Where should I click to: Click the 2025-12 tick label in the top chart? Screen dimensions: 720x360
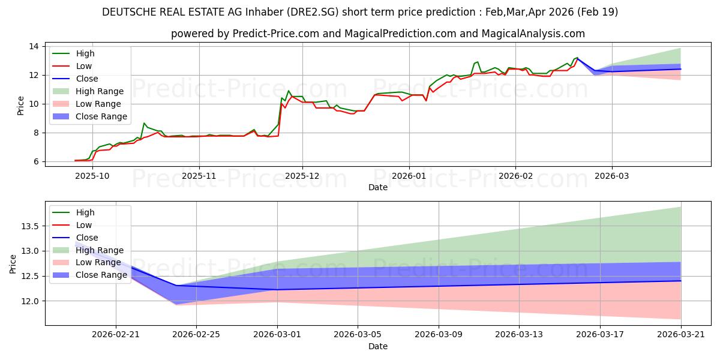point(302,176)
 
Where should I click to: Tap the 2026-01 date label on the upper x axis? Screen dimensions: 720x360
point(409,176)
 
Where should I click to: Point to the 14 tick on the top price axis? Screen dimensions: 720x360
point(34,47)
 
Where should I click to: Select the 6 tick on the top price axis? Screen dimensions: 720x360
point(36,161)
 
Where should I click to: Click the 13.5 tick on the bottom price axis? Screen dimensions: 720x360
point(30,226)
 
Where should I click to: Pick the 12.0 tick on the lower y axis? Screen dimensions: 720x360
point(30,301)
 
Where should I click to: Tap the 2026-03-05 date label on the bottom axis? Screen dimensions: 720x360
point(358,335)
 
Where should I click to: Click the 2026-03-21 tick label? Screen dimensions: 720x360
point(681,335)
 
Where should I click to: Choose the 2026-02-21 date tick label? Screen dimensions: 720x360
point(116,335)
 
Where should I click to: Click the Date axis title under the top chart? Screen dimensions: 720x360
point(378,187)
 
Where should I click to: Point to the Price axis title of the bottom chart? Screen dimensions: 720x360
point(13,264)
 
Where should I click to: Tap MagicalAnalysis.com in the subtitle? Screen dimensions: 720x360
point(533,34)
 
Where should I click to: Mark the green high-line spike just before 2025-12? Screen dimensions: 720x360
point(289,91)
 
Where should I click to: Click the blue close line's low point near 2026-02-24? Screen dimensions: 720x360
point(176,286)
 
